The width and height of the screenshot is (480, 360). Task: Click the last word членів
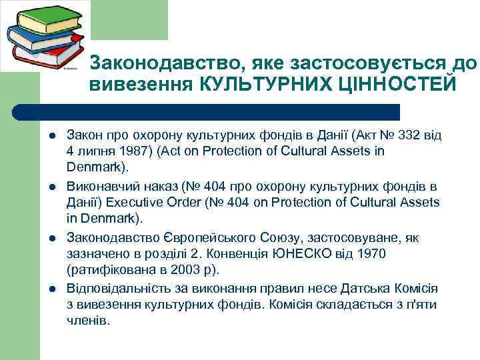click(87, 321)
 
